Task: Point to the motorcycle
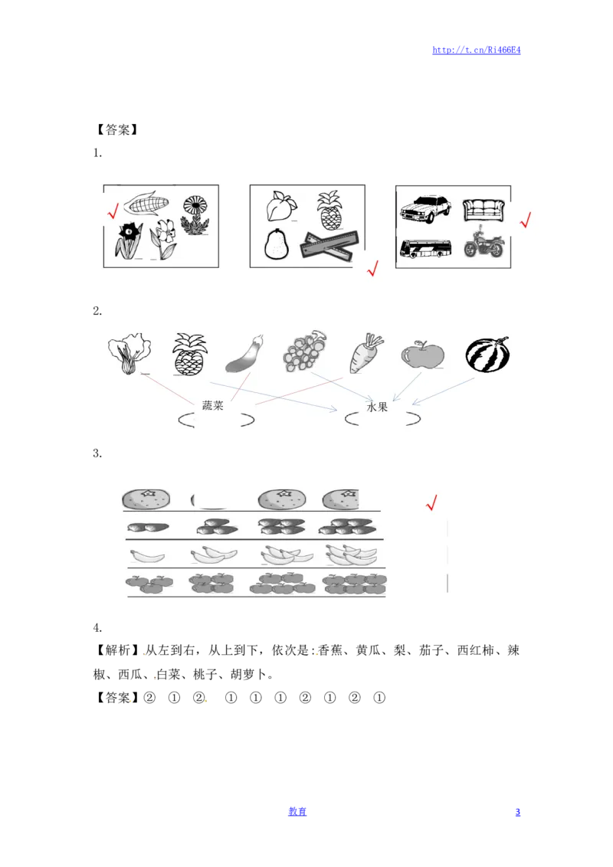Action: coord(484,244)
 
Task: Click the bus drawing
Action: coord(425,247)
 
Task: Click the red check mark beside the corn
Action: coord(113,210)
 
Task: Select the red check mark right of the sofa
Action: coord(526,220)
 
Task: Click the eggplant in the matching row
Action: coord(245,355)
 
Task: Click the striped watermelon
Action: coord(487,355)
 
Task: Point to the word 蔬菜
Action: coord(213,406)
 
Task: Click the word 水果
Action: coord(378,407)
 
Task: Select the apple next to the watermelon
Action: coord(423,355)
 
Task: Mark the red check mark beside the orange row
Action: coord(431,502)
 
